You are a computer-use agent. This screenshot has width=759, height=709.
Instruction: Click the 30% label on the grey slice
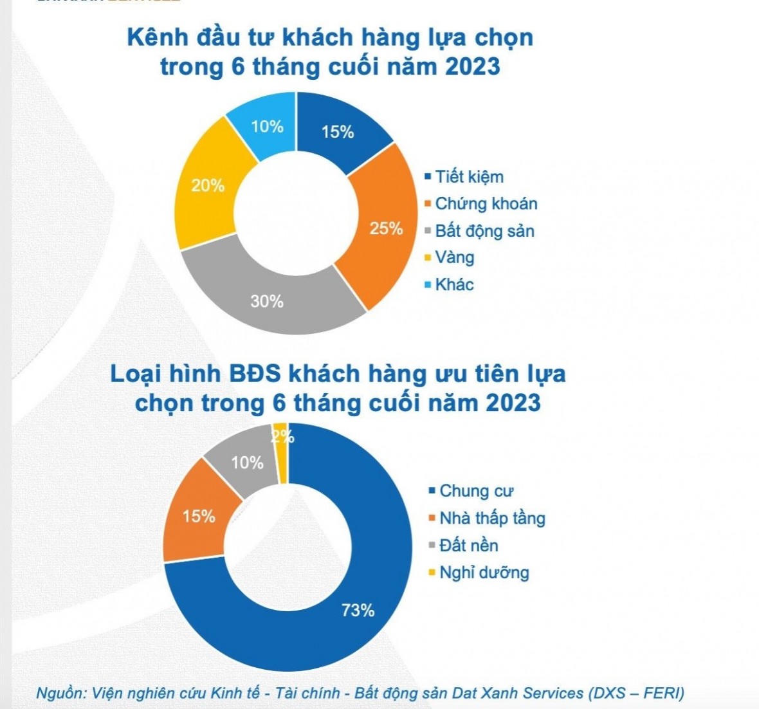point(267,301)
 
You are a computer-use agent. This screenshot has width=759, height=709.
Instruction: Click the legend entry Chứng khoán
point(486,204)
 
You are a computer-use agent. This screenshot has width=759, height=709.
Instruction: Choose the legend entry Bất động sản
point(484,231)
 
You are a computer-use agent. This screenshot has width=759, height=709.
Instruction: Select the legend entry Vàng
point(454,257)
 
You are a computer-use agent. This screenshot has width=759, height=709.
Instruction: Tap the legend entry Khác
point(454,284)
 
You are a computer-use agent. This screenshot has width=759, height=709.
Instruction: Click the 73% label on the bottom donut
point(358,610)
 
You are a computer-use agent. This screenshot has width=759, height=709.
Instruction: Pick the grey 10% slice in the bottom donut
point(246,463)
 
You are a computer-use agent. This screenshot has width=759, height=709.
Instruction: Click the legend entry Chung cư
point(476,492)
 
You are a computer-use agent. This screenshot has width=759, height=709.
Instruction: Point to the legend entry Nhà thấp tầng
point(492,519)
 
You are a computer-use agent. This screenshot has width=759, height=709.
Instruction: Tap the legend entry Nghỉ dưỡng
point(484,573)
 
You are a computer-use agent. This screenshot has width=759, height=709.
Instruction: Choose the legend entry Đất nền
point(468,546)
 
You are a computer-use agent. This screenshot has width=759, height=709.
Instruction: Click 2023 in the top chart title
point(468,66)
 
